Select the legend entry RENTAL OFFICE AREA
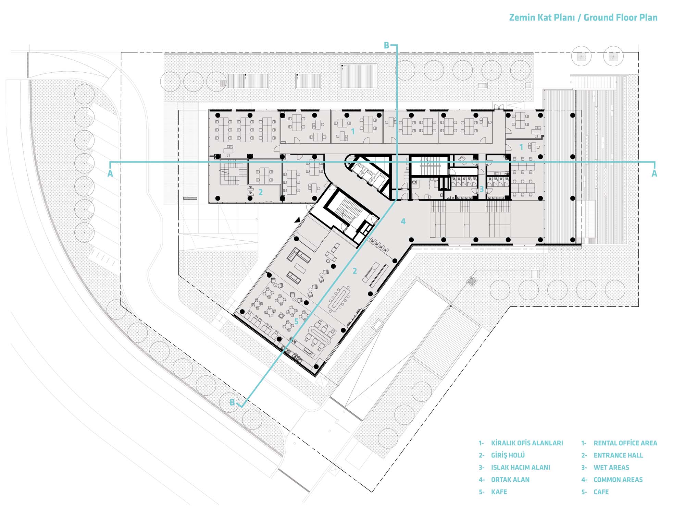pyautogui.click(x=625, y=443)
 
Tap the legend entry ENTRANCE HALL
pyautogui.click(x=618, y=455)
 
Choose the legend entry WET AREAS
pyautogui.click(x=611, y=467)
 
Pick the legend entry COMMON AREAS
pyautogui.click(x=618, y=480)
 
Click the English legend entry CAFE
pyautogui.click(x=601, y=492)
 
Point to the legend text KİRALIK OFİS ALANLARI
pyautogui.click(x=527, y=443)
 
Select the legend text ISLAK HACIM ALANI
pyautogui.click(x=521, y=467)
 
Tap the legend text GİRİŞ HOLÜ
pyautogui.click(x=508, y=455)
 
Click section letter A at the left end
pyautogui.click(x=110, y=174)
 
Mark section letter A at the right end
pyautogui.click(x=654, y=174)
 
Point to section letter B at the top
pyautogui.click(x=386, y=45)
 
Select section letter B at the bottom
pyautogui.click(x=232, y=402)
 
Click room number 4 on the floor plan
pyautogui.click(x=403, y=221)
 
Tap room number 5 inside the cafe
pyautogui.click(x=297, y=322)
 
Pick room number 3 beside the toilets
pyautogui.click(x=482, y=189)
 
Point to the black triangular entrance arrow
pyautogui.click(x=298, y=220)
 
